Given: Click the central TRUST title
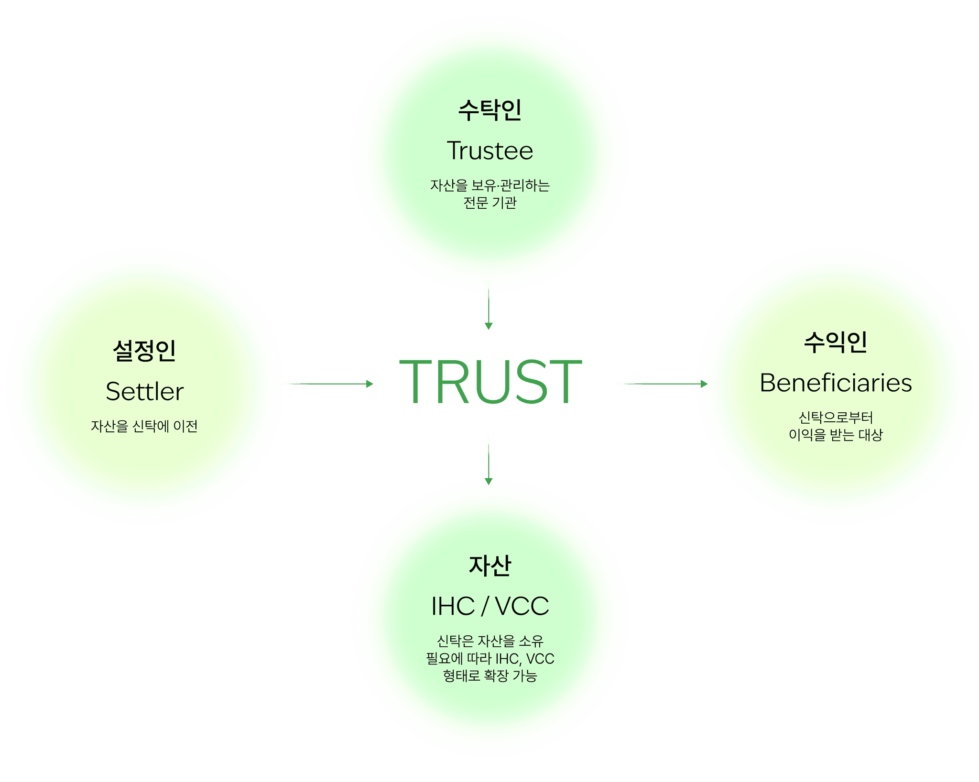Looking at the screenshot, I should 490,382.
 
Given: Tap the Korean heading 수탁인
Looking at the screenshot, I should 489,110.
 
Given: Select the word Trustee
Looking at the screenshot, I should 489,150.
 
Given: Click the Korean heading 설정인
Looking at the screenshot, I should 144,351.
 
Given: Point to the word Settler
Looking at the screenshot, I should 144,392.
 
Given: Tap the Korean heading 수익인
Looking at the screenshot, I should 835,343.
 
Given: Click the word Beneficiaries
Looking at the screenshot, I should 835,383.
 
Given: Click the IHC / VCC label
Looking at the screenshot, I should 489,606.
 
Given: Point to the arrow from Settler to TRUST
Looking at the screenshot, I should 326,383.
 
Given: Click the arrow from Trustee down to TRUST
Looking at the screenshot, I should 488,308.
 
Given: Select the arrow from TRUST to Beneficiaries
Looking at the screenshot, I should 660,383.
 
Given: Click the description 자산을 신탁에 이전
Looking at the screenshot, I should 144,426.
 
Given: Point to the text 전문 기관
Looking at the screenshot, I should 489,203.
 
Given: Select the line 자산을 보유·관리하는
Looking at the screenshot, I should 489,185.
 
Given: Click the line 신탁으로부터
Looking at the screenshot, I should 835,417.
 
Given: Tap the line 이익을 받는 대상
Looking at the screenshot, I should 835,435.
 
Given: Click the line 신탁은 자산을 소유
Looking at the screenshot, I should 489,641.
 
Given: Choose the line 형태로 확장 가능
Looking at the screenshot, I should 489,676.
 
